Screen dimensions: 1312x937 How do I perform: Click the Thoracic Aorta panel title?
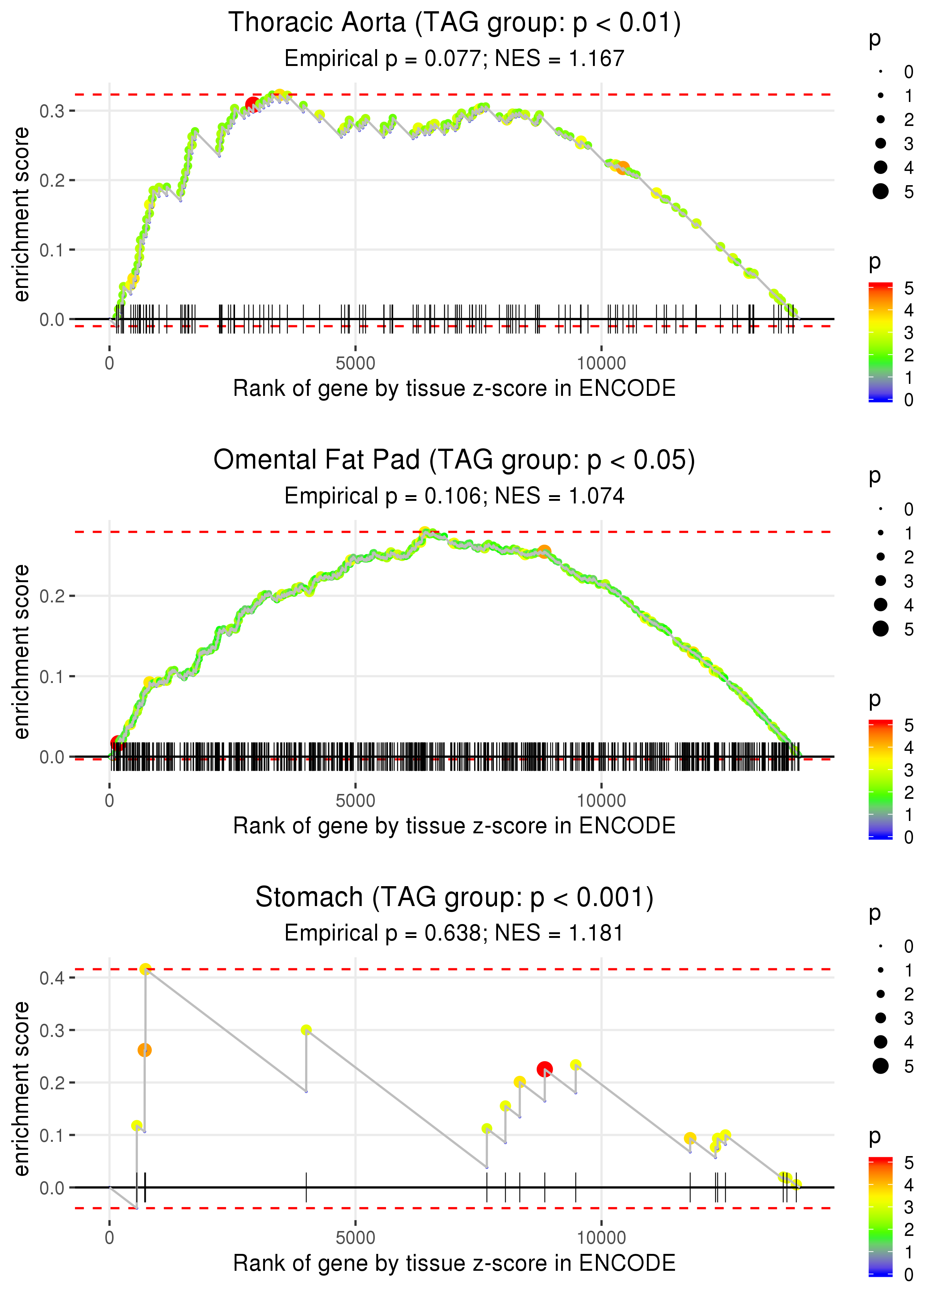pyautogui.click(x=454, y=23)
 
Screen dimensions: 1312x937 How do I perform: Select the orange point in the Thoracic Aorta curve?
pyautogui.click(x=623, y=168)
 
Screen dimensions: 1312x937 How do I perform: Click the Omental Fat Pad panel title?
pyautogui.click(x=454, y=460)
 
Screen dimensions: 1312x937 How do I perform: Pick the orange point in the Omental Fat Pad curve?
pyautogui.click(x=544, y=551)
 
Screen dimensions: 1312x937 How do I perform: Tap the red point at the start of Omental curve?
pyautogui.click(x=117, y=743)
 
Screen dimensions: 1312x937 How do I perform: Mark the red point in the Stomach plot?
pyautogui.click(x=545, y=1069)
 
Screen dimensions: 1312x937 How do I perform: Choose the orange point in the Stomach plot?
pyautogui.click(x=144, y=1050)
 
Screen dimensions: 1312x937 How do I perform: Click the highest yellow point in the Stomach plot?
pyautogui.click(x=145, y=969)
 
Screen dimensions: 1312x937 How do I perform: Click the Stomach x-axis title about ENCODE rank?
pyautogui.click(x=454, y=1263)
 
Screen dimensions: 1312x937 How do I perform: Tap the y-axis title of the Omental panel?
pyautogui.click(x=21, y=652)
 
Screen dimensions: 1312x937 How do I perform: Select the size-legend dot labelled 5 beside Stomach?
pyautogui.click(x=880, y=1066)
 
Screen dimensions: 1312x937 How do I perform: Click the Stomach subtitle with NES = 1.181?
pyautogui.click(x=454, y=933)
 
